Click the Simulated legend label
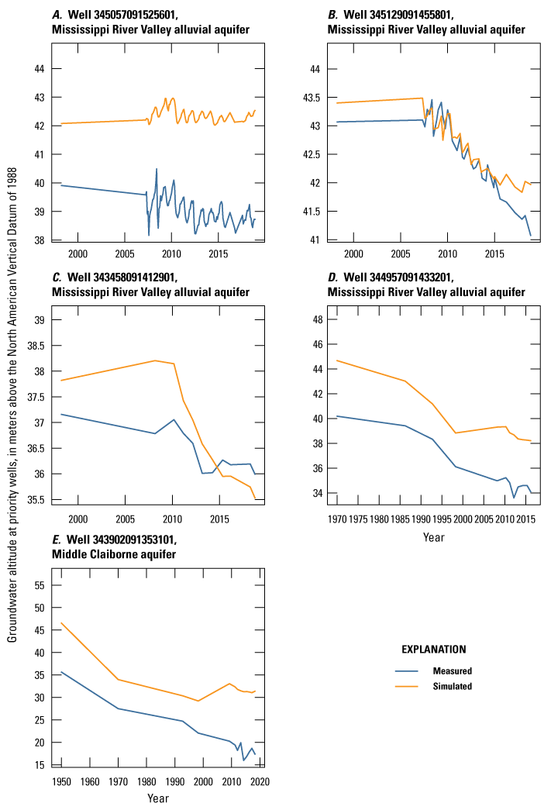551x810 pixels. [x=452, y=686]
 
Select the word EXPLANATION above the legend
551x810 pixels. [x=433, y=649]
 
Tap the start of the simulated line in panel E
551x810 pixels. [x=61, y=622]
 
